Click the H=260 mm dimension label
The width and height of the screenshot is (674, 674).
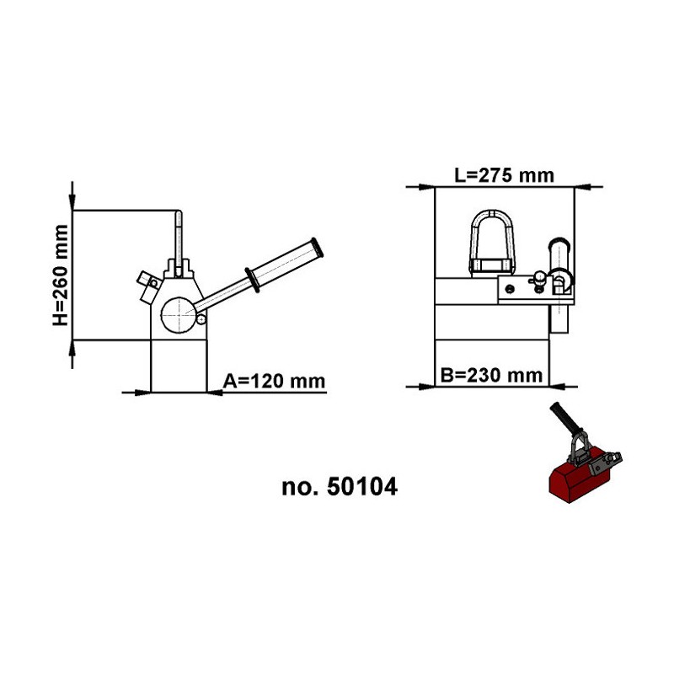pyautogui.click(x=61, y=275)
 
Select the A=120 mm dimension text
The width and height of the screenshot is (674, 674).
pyautogui.click(x=274, y=382)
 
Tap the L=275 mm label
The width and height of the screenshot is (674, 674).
pyautogui.click(x=504, y=175)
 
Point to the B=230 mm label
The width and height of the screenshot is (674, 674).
pyautogui.click(x=491, y=376)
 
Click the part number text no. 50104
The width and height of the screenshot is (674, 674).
pyautogui.click(x=340, y=487)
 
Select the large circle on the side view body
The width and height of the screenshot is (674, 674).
pyautogui.click(x=179, y=315)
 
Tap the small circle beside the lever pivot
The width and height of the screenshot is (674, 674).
pyautogui.click(x=201, y=319)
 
